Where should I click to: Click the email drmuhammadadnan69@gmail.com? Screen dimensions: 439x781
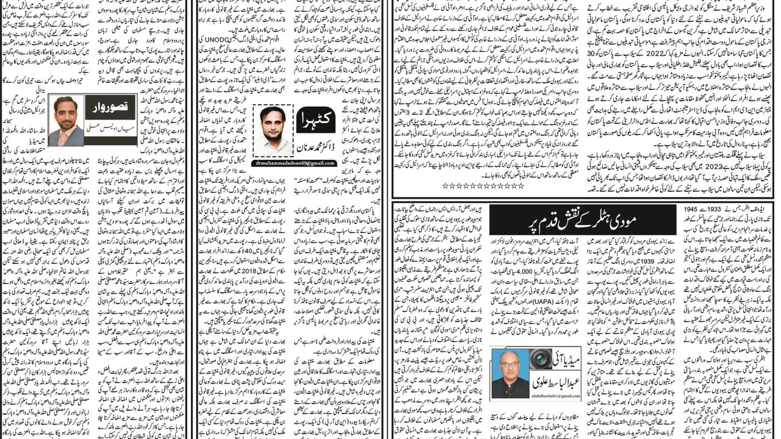[x=296, y=163]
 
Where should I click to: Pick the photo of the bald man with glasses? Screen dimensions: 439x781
[x=510, y=371]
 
